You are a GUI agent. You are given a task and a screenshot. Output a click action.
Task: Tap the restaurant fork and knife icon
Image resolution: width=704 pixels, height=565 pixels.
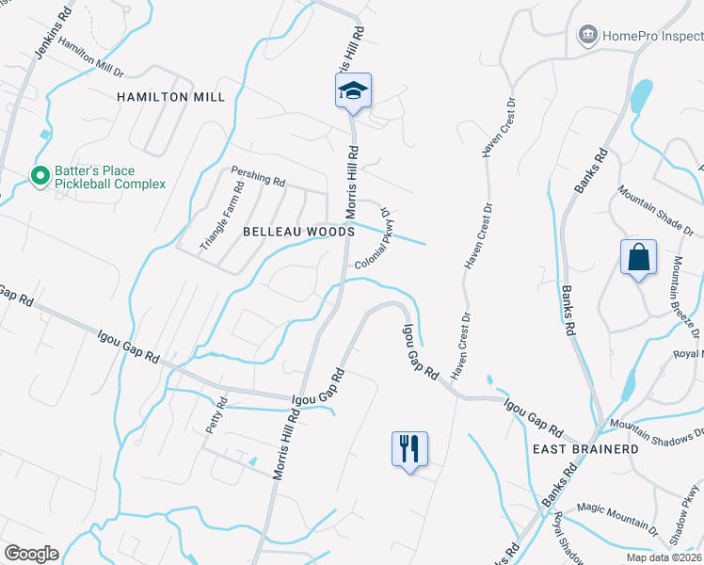pos(409,447)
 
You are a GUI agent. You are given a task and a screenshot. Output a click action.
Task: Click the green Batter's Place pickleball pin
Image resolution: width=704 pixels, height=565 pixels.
pos(40,176)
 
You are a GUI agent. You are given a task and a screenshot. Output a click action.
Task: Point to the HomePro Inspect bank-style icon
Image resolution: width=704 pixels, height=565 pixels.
pos(588,36)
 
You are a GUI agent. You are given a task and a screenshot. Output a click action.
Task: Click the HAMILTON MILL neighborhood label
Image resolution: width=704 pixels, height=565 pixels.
pos(170,97)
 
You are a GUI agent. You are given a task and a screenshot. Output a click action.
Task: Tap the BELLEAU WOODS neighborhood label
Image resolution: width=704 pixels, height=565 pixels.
pos(297,231)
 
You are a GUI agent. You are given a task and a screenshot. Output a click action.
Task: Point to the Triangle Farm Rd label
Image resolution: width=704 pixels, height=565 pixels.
pos(222,216)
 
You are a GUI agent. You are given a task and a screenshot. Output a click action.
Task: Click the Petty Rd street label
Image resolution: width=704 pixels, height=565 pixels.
pos(216,417)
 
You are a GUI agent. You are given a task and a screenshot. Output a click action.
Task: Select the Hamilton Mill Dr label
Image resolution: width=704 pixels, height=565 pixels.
pos(90,57)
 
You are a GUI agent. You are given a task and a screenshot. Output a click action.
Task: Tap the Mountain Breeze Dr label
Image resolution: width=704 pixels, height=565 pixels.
pos(684,298)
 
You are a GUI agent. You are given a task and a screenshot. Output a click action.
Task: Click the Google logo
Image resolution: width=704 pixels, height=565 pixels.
pos(30,554)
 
